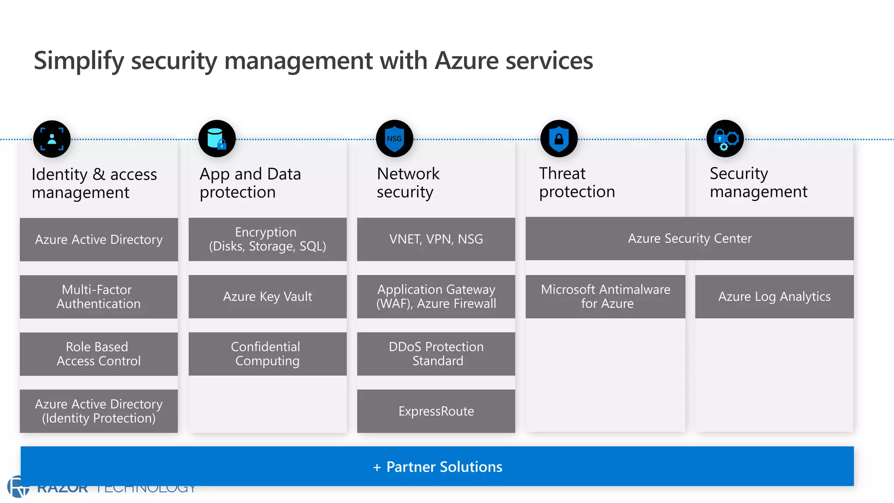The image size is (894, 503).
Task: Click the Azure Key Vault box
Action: click(x=267, y=296)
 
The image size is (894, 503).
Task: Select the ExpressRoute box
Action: click(x=436, y=411)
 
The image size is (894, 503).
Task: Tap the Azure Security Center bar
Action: click(x=689, y=238)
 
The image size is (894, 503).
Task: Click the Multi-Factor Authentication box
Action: click(x=99, y=296)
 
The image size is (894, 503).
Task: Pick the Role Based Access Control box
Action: click(x=99, y=354)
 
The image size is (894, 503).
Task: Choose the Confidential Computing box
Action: click(x=267, y=354)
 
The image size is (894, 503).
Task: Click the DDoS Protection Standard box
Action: click(x=436, y=354)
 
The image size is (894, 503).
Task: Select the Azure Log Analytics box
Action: click(x=774, y=296)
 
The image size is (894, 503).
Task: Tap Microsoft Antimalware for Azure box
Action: click(x=605, y=296)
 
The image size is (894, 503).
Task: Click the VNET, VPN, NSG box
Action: click(x=436, y=239)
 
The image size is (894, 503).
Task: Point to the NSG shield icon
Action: click(x=394, y=139)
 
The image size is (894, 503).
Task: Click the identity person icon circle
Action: click(x=52, y=139)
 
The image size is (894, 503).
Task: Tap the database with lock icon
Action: click(x=217, y=139)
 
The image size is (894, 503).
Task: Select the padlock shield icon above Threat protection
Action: click(x=559, y=139)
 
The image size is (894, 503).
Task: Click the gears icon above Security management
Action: click(x=725, y=139)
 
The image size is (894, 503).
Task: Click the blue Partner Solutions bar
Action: click(x=437, y=466)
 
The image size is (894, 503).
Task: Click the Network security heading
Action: click(x=408, y=183)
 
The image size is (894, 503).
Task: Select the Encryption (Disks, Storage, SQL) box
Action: click(x=267, y=239)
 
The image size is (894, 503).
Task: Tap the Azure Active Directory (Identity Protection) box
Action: click(x=99, y=411)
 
